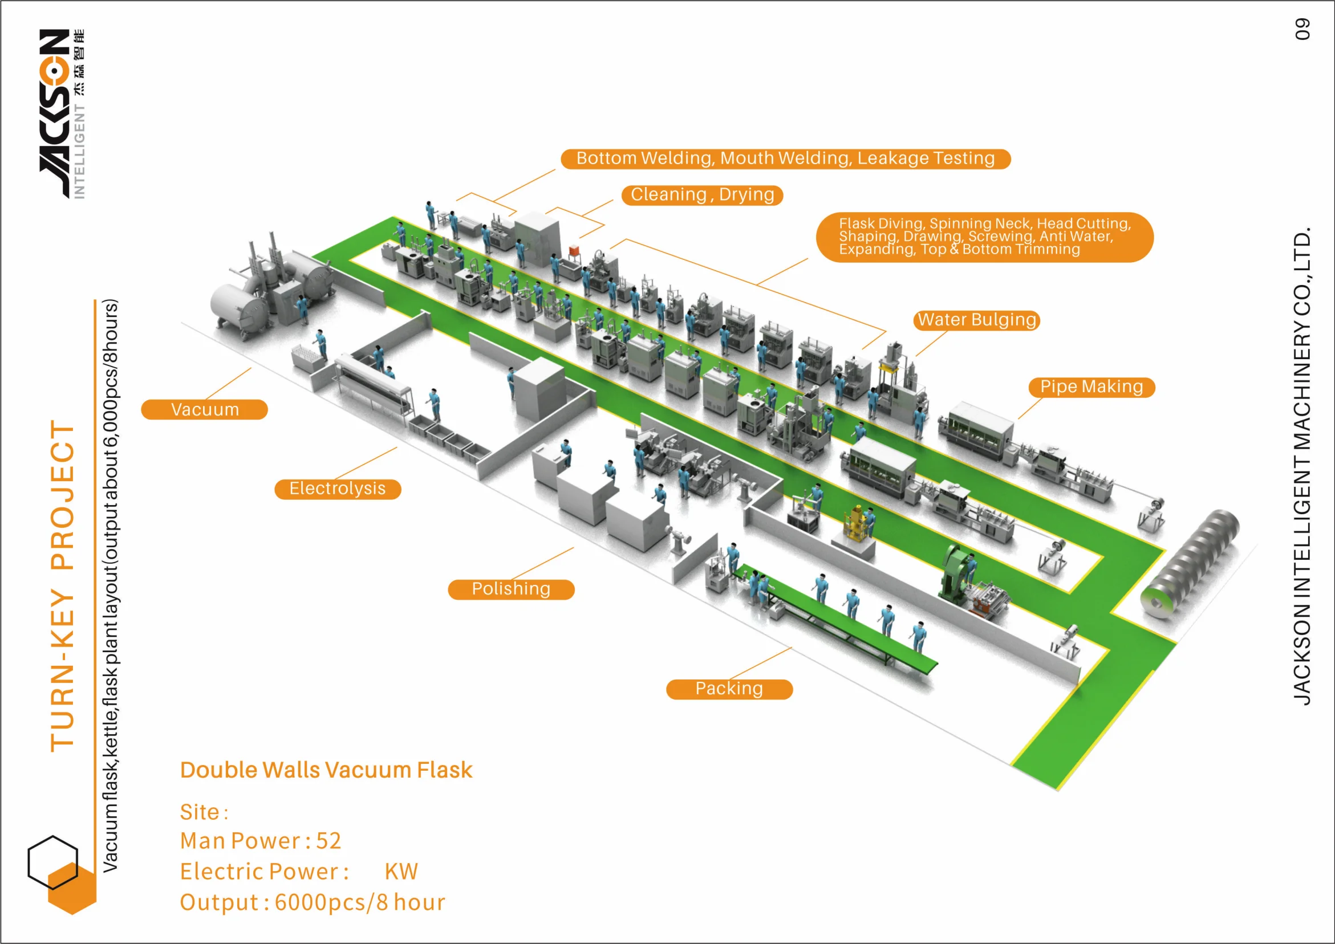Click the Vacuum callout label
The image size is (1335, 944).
coord(204,409)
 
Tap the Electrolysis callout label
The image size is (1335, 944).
coord(337,489)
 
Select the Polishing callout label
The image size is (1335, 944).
coord(510,589)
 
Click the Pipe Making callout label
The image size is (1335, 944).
coord(1091,387)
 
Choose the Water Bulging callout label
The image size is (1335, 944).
coord(976,320)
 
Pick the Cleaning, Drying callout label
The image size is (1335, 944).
coord(702,195)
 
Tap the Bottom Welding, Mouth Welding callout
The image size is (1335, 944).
coord(785,158)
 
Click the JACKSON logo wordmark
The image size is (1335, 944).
coord(55,113)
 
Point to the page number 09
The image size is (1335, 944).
coord(1302,29)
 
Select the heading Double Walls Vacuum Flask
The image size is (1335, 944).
coord(326,770)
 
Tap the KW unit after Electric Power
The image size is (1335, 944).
coord(401,872)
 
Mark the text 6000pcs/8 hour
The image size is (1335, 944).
coord(359,902)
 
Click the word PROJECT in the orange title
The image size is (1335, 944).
coord(63,494)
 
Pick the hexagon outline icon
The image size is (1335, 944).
coord(52,862)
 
